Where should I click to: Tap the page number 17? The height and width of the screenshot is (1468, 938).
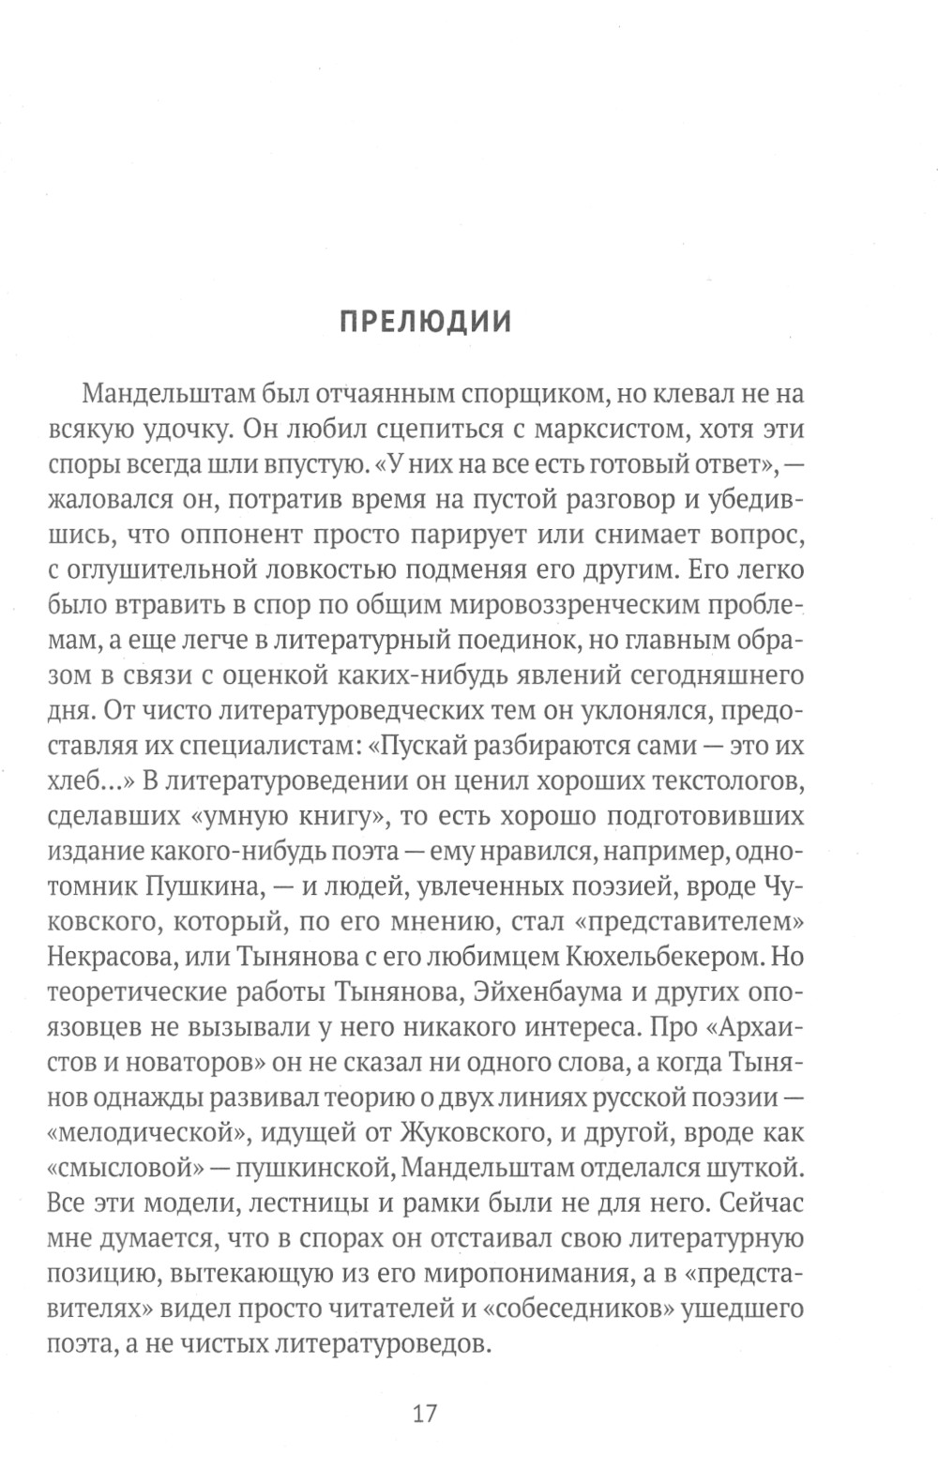coord(424,1413)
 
